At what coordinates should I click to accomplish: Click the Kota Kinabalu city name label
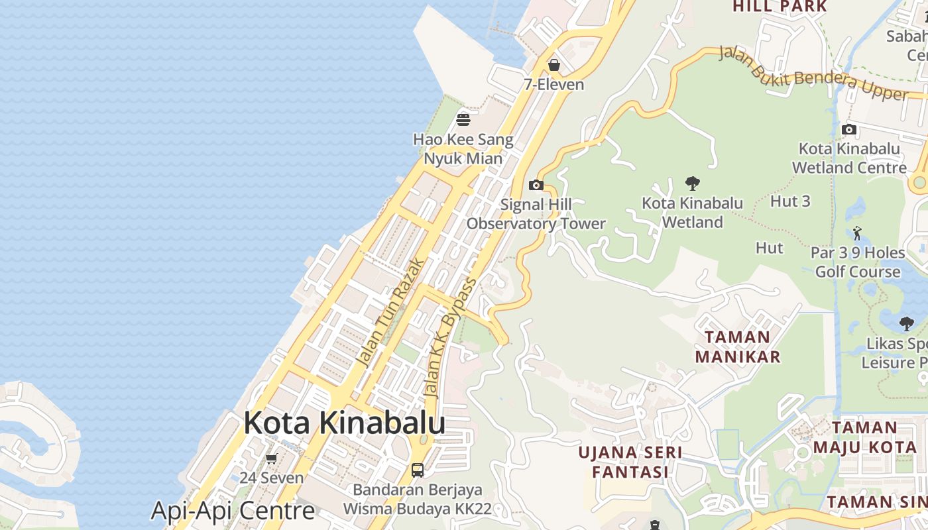pyautogui.click(x=344, y=423)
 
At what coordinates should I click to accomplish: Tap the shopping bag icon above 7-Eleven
pyautogui.click(x=553, y=65)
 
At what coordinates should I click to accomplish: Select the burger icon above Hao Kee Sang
pyautogui.click(x=463, y=120)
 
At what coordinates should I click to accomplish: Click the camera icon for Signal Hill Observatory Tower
pyautogui.click(x=536, y=185)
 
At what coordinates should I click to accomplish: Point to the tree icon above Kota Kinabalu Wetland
pyautogui.click(x=693, y=183)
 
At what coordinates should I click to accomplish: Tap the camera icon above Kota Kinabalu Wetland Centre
pyautogui.click(x=848, y=129)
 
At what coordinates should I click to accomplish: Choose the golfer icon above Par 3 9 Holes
pyautogui.click(x=858, y=233)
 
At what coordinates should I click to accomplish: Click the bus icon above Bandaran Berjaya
pyautogui.click(x=417, y=470)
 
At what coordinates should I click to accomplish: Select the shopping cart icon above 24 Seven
pyautogui.click(x=271, y=458)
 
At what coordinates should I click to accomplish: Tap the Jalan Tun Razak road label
pyautogui.click(x=390, y=313)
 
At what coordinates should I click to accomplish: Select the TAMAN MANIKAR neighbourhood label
pyautogui.click(x=737, y=346)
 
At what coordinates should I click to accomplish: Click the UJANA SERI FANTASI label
pyautogui.click(x=630, y=462)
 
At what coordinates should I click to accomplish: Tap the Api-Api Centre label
pyautogui.click(x=233, y=511)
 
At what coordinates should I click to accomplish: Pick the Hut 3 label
pyautogui.click(x=790, y=201)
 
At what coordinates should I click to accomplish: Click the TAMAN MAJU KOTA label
pyautogui.click(x=864, y=437)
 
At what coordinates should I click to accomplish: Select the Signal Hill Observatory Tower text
pyautogui.click(x=536, y=214)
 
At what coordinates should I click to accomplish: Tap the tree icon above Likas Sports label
pyautogui.click(x=906, y=324)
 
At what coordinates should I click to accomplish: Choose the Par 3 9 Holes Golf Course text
pyautogui.click(x=858, y=262)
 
